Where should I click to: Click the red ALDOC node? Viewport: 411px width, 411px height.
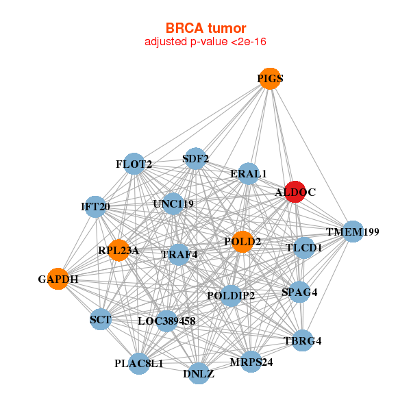click(x=295, y=192)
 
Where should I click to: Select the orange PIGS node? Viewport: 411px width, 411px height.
click(x=270, y=79)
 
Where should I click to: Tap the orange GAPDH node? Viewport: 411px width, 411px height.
click(x=58, y=279)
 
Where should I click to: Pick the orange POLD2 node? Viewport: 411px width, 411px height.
click(x=242, y=242)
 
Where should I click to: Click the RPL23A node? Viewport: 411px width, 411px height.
click(x=119, y=251)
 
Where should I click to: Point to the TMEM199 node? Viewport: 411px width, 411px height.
click(x=352, y=232)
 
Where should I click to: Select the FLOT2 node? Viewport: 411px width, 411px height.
click(x=135, y=164)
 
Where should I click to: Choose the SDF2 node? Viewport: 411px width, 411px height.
click(x=196, y=159)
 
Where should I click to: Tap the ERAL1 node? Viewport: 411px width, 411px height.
click(x=249, y=174)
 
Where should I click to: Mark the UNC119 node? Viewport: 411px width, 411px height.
click(x=173, y=203)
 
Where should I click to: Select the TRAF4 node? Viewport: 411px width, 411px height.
click(x=179, y=255)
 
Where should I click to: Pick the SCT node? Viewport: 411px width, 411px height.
click(x=101, y=319)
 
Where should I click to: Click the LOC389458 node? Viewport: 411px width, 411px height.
click(x=167, y=321)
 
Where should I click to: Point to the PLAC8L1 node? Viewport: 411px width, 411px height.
click(x=139, y=363)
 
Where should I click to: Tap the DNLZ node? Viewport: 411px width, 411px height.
click(x=199, y=373)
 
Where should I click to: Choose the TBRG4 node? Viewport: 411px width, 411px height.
click(x=303, y=340)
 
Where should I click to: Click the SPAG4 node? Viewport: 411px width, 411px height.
click(x=300, y=292)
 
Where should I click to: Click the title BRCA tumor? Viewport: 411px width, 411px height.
click(x=206, y=28)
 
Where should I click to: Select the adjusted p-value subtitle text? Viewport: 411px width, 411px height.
click(x=206, y=42)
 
